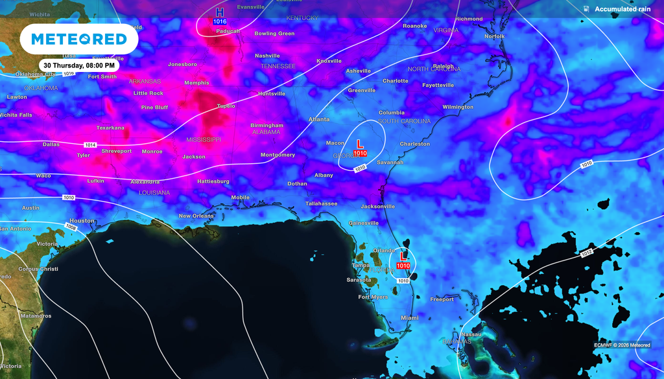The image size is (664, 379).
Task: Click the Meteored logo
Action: (78, 40)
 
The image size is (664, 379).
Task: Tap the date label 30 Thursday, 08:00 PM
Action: (79, 65)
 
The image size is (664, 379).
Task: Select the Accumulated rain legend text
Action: (622, 9)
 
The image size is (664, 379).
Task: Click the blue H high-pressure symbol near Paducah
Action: (220, 12)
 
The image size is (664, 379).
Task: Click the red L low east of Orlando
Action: (404, 256)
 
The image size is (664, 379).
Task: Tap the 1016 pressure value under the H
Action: (220, 21)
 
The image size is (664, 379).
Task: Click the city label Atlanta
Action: (318, 119)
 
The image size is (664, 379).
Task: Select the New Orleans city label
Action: (196, 216)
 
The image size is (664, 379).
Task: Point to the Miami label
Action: (409, 317)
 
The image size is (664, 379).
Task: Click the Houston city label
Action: (82, 221)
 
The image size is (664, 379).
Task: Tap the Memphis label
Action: (196, 83)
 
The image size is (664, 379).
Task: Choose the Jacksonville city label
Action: (377, 206)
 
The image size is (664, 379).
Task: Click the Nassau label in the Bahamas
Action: (471, 334)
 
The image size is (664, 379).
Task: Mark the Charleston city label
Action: (414, 144)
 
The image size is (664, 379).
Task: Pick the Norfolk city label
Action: (494, 36)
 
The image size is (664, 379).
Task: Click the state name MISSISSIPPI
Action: (204, 139)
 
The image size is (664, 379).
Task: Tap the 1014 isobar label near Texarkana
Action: (91, 144)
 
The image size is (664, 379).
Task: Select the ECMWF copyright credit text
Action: (621, 345)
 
